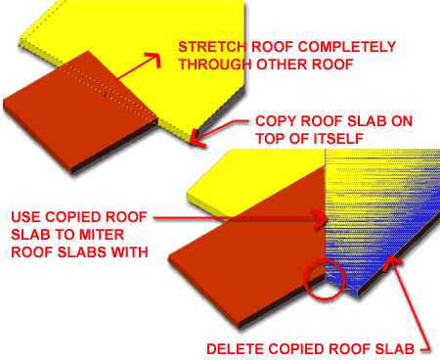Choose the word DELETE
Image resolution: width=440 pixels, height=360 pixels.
[233, 347]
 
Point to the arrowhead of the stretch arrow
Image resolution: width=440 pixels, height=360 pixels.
[155, 58]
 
